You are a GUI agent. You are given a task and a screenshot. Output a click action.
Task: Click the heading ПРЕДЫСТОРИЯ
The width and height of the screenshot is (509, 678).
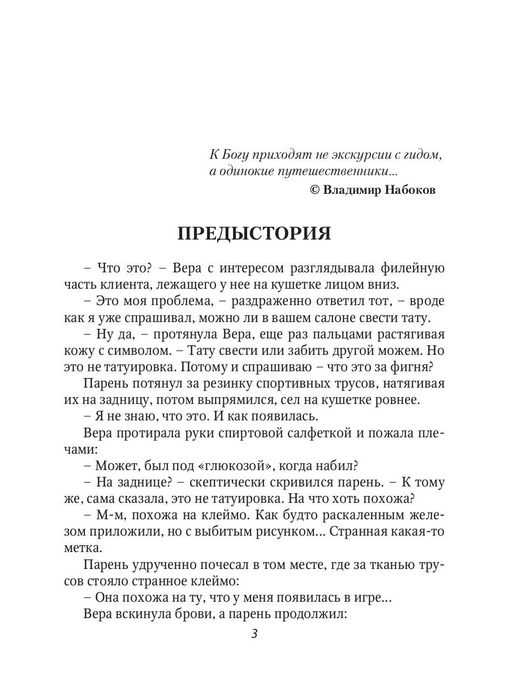coord(255,233)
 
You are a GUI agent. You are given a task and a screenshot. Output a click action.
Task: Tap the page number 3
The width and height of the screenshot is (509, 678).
coord(255,634)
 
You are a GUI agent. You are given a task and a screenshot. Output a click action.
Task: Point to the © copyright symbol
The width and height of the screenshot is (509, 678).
coord(315,190)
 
